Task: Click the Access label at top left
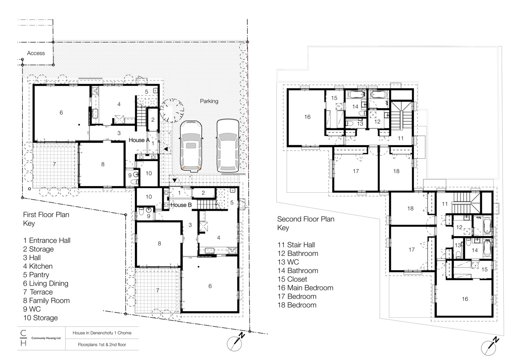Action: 36,53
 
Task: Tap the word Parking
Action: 209,101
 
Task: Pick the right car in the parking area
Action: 228,145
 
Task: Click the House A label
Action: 139,140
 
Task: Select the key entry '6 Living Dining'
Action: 46,283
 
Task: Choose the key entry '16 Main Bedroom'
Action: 305,288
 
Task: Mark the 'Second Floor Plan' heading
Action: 306,219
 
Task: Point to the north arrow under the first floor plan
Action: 237,341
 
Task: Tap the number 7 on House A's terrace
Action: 54,164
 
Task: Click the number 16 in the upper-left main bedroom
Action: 308,117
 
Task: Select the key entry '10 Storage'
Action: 40,318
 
